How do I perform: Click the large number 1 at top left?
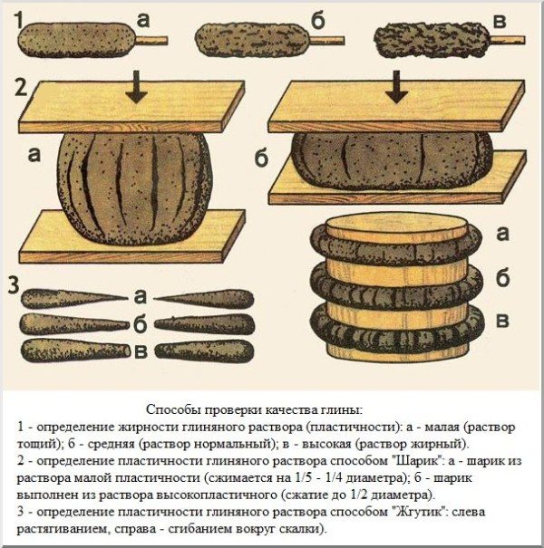tap(19, 20)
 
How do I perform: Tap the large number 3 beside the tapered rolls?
tap(14, 286)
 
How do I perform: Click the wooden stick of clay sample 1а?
tap(151, 41)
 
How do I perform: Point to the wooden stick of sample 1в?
tap(508, 40)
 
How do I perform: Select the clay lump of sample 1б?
tap(253, 40)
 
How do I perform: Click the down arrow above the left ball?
tap(136, 86)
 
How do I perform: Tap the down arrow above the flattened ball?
tap(396, 86)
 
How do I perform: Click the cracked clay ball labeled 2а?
tap(134, 189)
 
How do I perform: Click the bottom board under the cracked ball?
tap(132, 236)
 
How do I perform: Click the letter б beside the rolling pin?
tap(502, 278)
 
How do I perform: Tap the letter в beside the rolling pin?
tap(502, 321)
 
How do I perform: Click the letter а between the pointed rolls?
tap(140, 297)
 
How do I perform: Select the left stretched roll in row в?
tap(76, 351)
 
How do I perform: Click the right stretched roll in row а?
tap(204, 299)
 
